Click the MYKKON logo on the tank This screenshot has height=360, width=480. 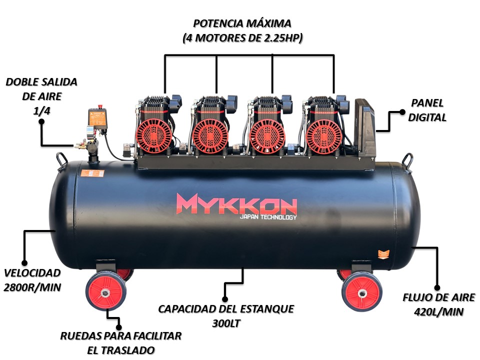pyautogui.click(x=236, y=203)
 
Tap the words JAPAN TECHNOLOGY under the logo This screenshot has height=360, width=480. pyautogui.click(x=268, y=217)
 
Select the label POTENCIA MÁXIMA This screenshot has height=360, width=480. pyautogui.click(x=242, y=23)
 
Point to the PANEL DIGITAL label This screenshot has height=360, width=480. pyautogui.click(x=428, y=109)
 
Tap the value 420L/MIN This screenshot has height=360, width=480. pyautogui.click(x=439, y=312)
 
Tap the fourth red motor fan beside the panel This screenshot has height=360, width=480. pyautogui.click(x=323, y=135)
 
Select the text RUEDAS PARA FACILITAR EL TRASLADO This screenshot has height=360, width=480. pyautogui.click(x=120, y=342)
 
